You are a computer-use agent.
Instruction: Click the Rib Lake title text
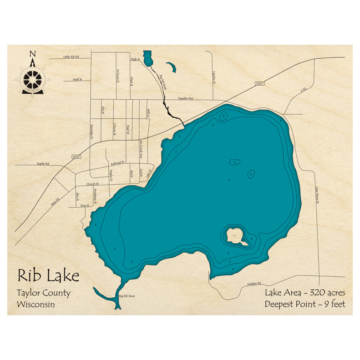[48, 276]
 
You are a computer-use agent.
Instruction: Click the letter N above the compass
[32, 54]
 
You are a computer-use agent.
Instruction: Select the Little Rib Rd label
[71, 57]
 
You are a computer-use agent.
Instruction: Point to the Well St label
[77, 79]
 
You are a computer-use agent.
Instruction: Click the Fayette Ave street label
[186, 98]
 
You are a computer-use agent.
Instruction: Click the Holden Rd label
[254, 284]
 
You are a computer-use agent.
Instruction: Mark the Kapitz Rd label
[43, 164]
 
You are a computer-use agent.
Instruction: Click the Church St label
[93, 184]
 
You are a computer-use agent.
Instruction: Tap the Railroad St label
[117, 163]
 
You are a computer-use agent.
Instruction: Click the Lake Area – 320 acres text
[305, 292]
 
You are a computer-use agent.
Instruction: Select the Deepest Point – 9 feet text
[305, 304]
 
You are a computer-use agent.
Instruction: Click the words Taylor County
[44, 293]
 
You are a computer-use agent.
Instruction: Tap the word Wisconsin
[36, 305]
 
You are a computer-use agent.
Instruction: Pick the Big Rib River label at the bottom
[127, 296]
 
